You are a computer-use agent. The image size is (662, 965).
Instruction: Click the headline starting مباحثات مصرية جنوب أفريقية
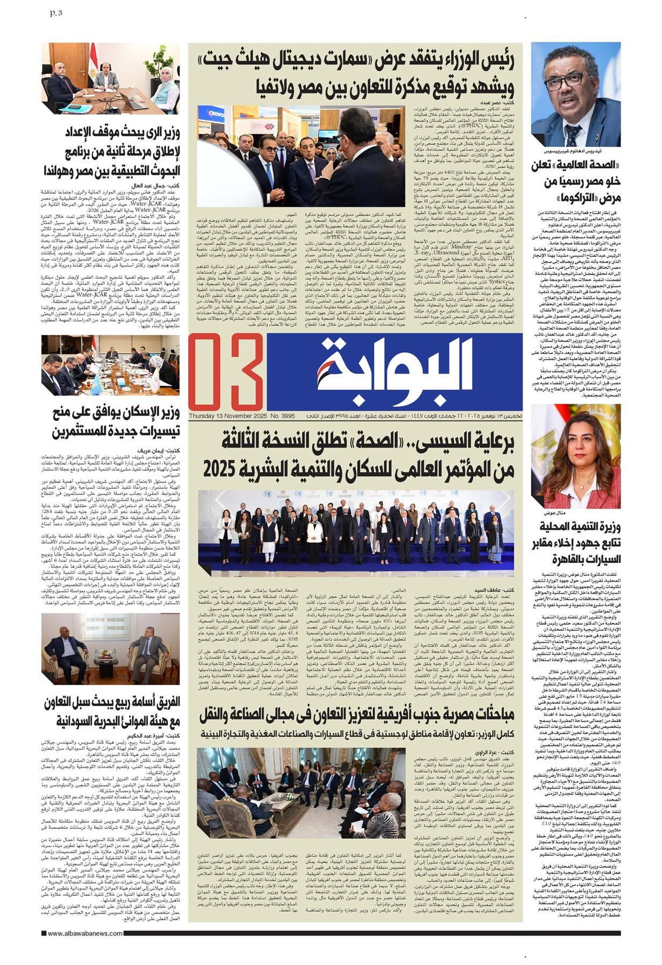coord(356,713)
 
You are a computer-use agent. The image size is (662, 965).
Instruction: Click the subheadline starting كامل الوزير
coord(356,731)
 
